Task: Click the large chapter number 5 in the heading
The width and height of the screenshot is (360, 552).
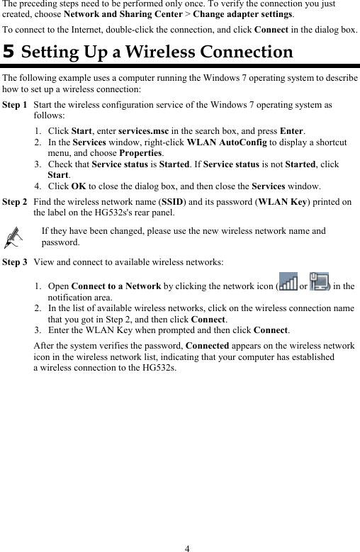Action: tap(9, 52)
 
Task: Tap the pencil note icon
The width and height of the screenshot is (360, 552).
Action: tap(13, 239)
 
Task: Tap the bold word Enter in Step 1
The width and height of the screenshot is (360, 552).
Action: tap(292, 131)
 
